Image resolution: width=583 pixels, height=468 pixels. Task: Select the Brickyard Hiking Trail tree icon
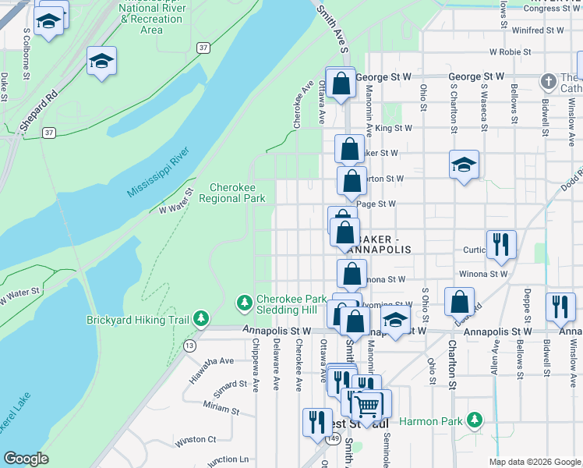pos(202,319)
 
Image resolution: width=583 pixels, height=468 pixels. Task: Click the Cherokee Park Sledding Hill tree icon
pos(245,302)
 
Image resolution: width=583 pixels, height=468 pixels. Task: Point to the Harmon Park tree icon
pos(473,421)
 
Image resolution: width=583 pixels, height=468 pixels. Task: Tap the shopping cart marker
pos(366,404)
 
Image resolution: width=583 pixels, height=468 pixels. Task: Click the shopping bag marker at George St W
pos(341,83)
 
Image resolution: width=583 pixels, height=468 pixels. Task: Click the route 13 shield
pos(189,345)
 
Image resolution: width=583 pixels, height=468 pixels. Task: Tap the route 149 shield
pos(334,439)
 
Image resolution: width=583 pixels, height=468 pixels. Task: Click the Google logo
pos(26,459)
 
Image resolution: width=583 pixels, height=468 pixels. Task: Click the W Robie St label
pos(510,52)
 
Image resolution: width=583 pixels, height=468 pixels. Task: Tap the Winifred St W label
pos(538,30)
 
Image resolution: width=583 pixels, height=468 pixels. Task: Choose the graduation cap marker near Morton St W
pos(464,165)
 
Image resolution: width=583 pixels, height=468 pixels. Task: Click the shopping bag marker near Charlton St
pos(460,302)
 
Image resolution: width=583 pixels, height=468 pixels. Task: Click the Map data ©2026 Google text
pos(535,461)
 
